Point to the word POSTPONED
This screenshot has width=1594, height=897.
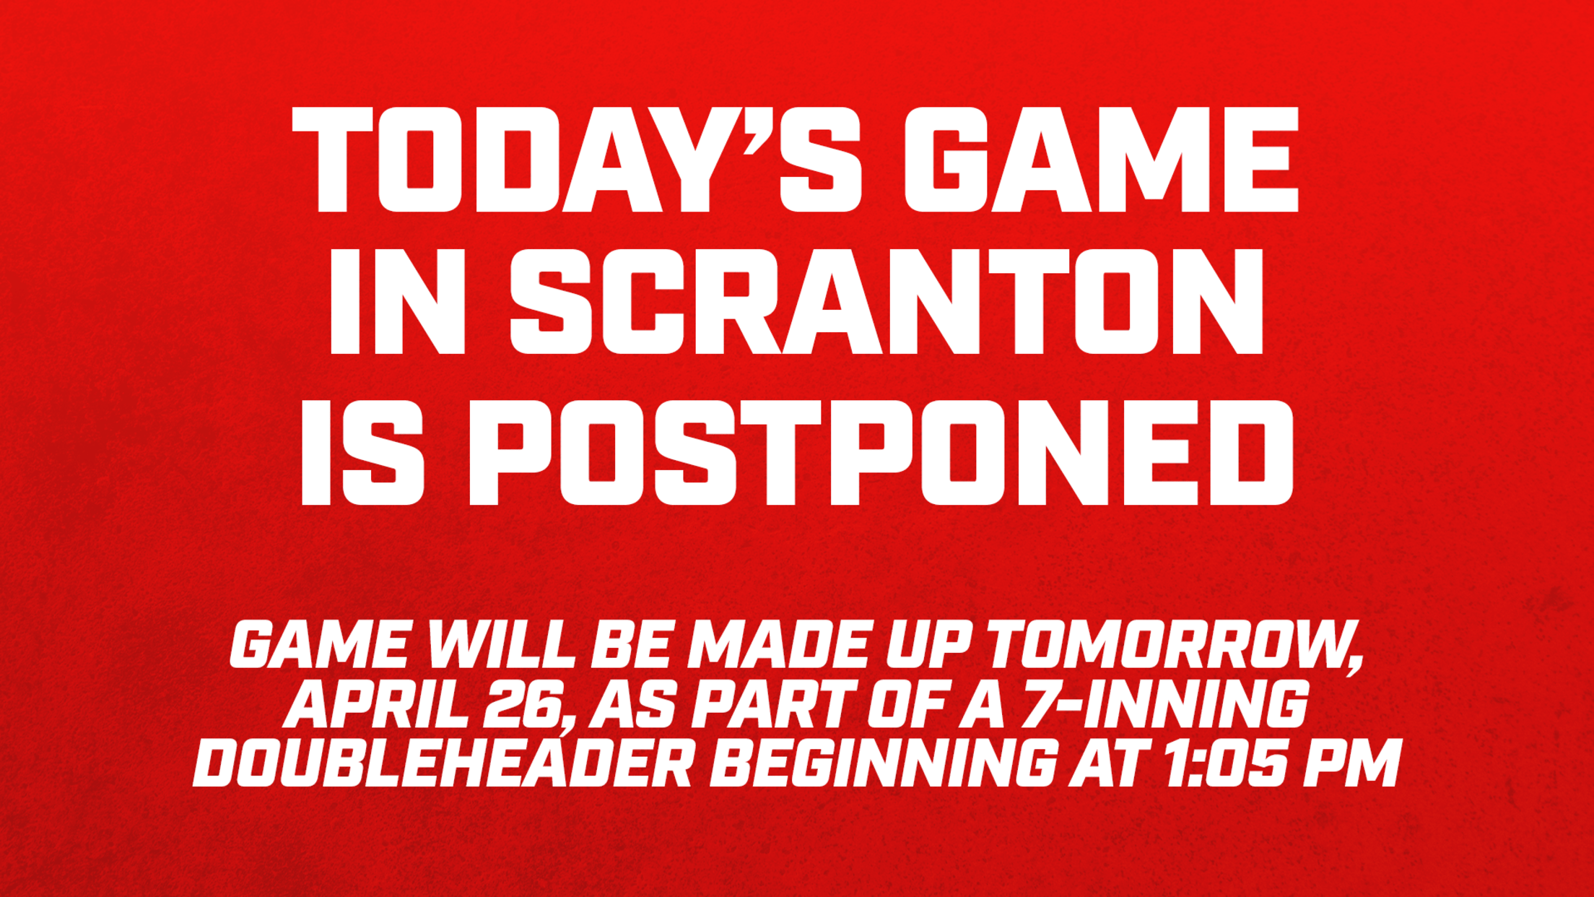(x=880, y=452)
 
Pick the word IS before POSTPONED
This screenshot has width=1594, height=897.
(x=362, y=452)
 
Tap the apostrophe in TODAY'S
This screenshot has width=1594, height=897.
(x=758, y=130)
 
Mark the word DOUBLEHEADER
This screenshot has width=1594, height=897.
(x=443, y=763)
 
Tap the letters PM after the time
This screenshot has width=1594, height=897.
(x=1354, y=763)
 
